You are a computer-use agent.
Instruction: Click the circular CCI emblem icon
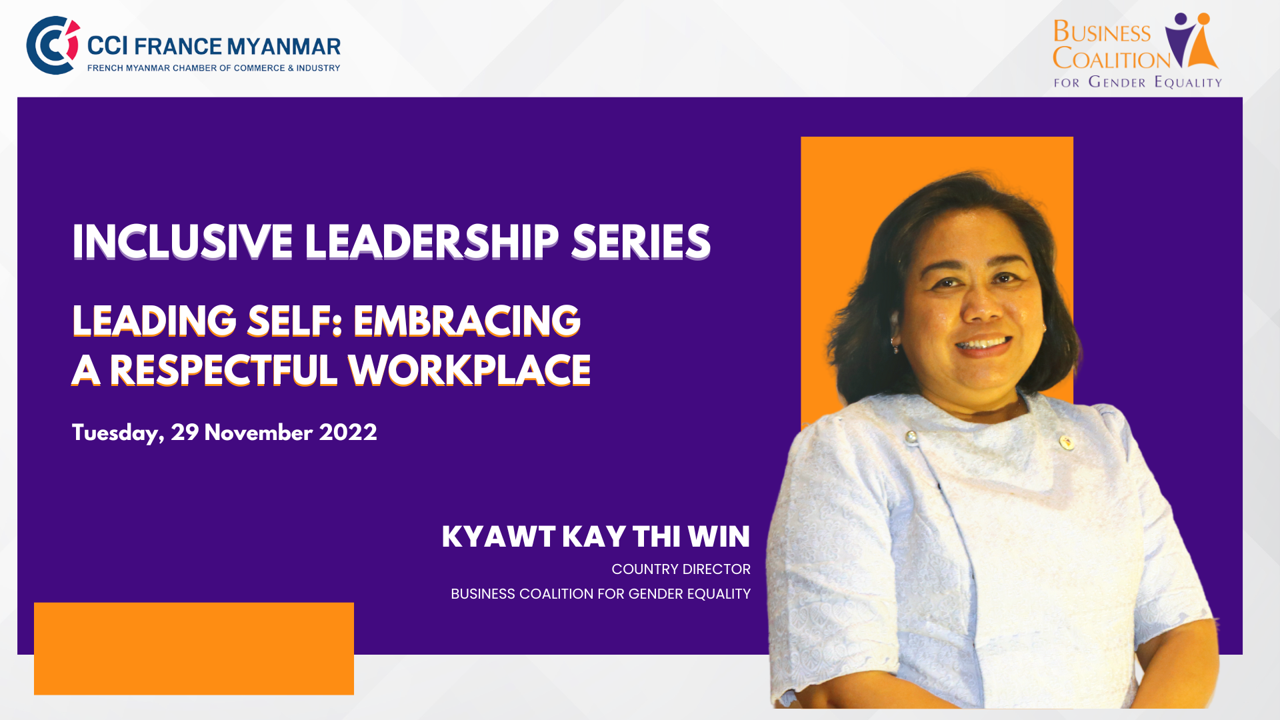pyautogui.click(x=53, y=45)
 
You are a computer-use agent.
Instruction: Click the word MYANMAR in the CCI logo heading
pyautogui.click(x=284, y=47)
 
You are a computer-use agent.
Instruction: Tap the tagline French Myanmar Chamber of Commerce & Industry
pyautogui.click(x=213, y=68)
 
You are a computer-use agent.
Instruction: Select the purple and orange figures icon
pyautogui.click(x=1192, y=40)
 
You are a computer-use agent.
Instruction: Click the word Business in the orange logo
pyautogui.click(x=1102, y=32)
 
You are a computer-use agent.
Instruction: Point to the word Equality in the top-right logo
pyautogui.click(x=1188, y=82)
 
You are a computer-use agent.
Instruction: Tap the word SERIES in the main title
pyautogui.click(x=641, y=241)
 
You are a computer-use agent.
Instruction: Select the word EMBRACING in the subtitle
pyautogui.click(x=467, y=321)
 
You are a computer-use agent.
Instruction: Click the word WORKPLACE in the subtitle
pyautogui.click(x=469, y=371)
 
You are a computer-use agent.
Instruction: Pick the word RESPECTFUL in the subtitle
pyautogui.click(x=223, y=371)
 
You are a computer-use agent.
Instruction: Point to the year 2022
pyautogui.click(x=348, y=432)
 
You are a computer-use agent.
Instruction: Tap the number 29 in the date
pyautogui.click(x=185, y=432)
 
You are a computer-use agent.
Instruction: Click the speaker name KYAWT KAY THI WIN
pyautogui.click(x=596, y=537)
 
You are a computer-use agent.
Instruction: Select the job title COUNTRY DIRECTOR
pyautogui.click(x=681, y=569)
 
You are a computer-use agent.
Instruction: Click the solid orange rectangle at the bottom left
pyautogui.click(x=194, y=649)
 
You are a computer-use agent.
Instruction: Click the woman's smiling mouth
pyautogui.click(x=984, y=345)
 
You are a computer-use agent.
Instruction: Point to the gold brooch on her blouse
pyautogui.click(x=1066, y=441)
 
